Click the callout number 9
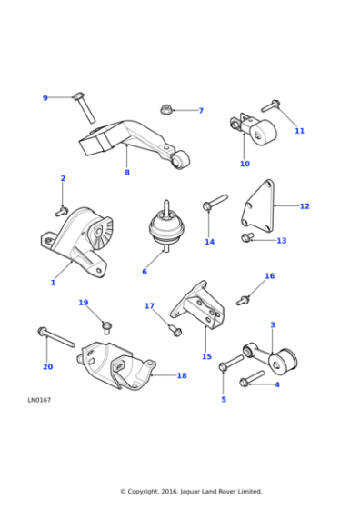(45, 98)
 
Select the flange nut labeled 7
(167, 110)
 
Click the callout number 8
(126, 172)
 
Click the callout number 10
(244, 164)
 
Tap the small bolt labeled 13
(246, 238)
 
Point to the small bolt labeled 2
(63, 209)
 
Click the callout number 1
(53, 283)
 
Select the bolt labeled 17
(174, 328)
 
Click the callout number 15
(206, 357)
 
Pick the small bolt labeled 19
(106, 323)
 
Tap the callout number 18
(181, 375)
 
